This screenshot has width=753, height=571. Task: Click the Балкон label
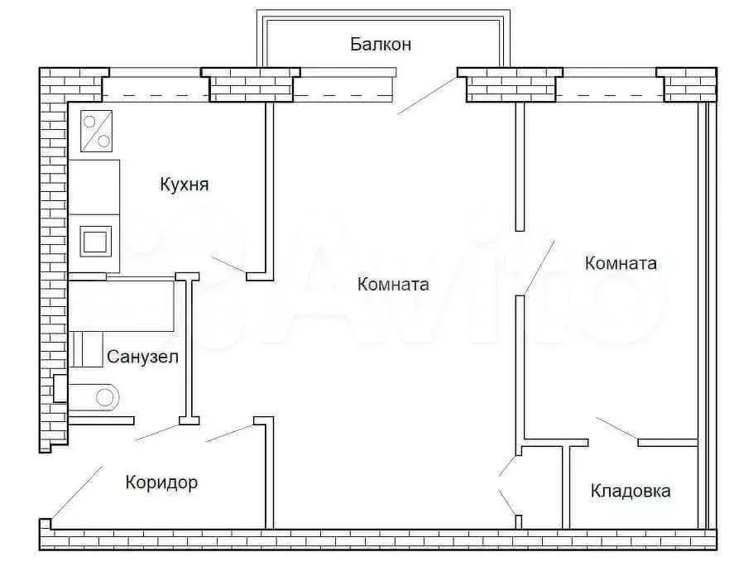coord(380,44)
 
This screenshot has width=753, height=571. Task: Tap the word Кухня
coord(184,185)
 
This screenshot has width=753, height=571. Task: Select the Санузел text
coord(142,357)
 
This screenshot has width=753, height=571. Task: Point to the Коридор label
coord(161,482)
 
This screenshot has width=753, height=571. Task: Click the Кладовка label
coord(631,491)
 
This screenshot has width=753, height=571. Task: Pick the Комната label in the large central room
coord(393,285)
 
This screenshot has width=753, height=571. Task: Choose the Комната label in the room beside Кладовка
coord(621,263)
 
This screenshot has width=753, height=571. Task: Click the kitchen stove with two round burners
coord(96,132)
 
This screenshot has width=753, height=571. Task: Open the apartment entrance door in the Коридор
coord(76,492)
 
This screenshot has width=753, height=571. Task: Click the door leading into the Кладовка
coord(616,429)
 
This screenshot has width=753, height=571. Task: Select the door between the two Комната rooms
coord(539,266)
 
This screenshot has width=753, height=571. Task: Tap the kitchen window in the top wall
coord(155,86)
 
